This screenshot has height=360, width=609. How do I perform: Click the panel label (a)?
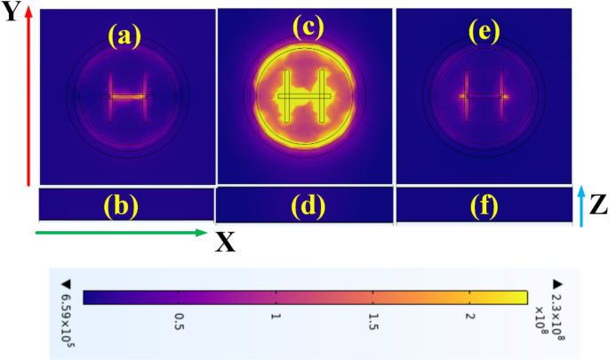tap(124, 36)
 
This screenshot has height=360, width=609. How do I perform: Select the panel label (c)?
tap(308, 28)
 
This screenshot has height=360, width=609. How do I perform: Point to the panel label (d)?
tap(309, 207)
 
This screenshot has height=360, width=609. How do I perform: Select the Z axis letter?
tap(598, 206)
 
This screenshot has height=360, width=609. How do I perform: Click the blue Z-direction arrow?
tap(581, 205)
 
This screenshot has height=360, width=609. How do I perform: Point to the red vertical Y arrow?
tap(29, 98)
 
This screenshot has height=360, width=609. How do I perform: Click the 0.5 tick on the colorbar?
tap(180, 316)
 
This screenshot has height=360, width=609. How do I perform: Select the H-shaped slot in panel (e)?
tap(483, 95)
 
